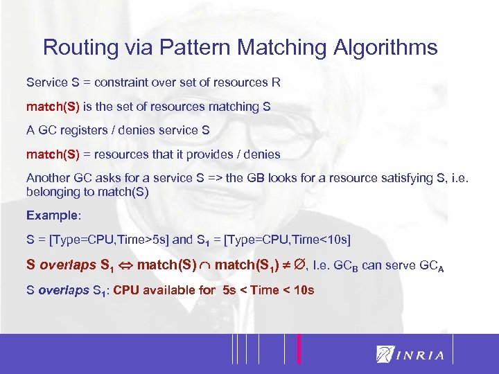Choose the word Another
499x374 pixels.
(x=48, y=178)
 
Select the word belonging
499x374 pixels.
(x=51, y=191)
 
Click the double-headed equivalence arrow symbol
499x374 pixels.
(x=125, y=265)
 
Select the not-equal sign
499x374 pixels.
(x=283, y=265)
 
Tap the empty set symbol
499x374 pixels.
(x=297, y=264)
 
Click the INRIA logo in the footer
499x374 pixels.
(x=409, y=355)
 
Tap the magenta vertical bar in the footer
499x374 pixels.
(x=299, y=348)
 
